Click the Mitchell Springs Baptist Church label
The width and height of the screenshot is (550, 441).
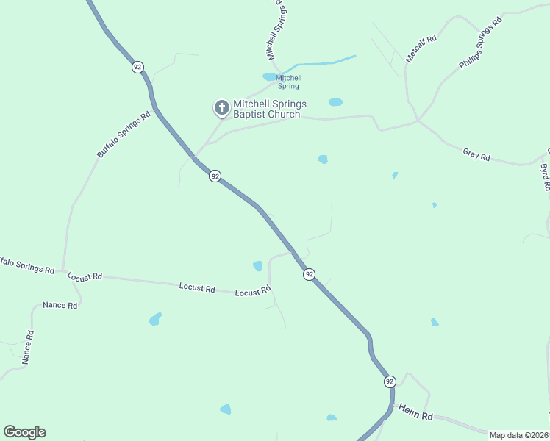[x=269, y=109]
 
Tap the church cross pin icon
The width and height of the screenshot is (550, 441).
[x=221, y=108]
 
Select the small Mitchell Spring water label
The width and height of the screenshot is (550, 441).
[x=288, y=82]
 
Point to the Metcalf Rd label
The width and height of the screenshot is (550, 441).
[x=421, y=49]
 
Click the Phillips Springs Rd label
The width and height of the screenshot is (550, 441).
[x=480, y=43]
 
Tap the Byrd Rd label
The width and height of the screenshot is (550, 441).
[x=545, y=177]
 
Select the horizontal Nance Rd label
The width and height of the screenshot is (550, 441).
[x=60, y=305]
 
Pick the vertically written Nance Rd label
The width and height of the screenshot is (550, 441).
[x=27, y=348]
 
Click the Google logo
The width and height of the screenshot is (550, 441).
[x=24, y=432]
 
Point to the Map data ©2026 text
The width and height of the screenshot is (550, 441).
[x=518, y=435]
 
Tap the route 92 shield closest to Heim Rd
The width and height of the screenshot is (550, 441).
[x=389, y=381]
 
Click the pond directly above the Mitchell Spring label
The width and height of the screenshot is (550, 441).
[x=270, y=76]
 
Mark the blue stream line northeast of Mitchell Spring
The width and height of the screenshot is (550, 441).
[x=324, y=62]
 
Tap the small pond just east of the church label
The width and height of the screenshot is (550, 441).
[x=335, y=102]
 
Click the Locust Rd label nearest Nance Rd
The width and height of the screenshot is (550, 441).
[x=84, y=278]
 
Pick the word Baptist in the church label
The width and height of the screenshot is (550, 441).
[x=249, y=114]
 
